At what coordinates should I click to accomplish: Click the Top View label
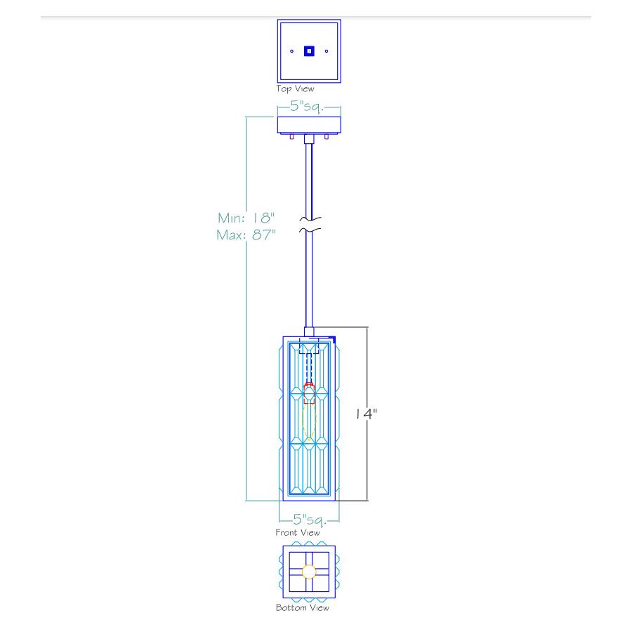(295, 89)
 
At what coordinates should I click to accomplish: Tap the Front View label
(298, 533)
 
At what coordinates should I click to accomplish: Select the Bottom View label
(302, 608)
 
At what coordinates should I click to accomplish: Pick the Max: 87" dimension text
(246, 235)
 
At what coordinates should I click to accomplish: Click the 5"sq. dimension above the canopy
(308, 107)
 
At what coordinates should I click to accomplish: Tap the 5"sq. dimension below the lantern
(309, 520)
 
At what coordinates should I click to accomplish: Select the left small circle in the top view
(292, 51)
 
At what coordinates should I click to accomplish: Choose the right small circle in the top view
(327, 51)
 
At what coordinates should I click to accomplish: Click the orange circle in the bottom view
(309, 572)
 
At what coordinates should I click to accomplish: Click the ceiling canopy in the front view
(309, 126)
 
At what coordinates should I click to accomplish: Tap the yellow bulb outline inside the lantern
(309, 421)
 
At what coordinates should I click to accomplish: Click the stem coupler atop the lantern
(310, 331)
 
